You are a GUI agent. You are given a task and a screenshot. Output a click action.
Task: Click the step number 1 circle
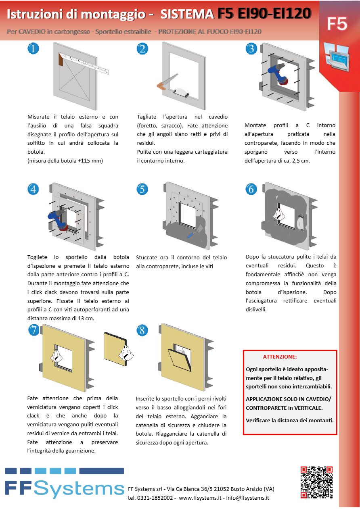tap(33, 49)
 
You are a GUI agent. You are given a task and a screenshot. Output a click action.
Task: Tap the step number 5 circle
tap(142, 189)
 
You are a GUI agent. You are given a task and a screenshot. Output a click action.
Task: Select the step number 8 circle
tap(142, 330)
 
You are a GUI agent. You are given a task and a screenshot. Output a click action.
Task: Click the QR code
tap(316, 482)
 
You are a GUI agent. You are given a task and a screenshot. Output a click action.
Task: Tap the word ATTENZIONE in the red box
tap(280, 357)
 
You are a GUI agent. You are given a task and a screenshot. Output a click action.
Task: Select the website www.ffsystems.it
tap(200, 498)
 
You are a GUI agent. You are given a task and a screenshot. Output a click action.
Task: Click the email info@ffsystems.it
tap(247, 498)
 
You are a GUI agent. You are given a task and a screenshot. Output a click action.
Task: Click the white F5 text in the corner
tap(337, 24)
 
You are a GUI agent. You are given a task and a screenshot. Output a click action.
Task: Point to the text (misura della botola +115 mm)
tap(65, 161)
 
